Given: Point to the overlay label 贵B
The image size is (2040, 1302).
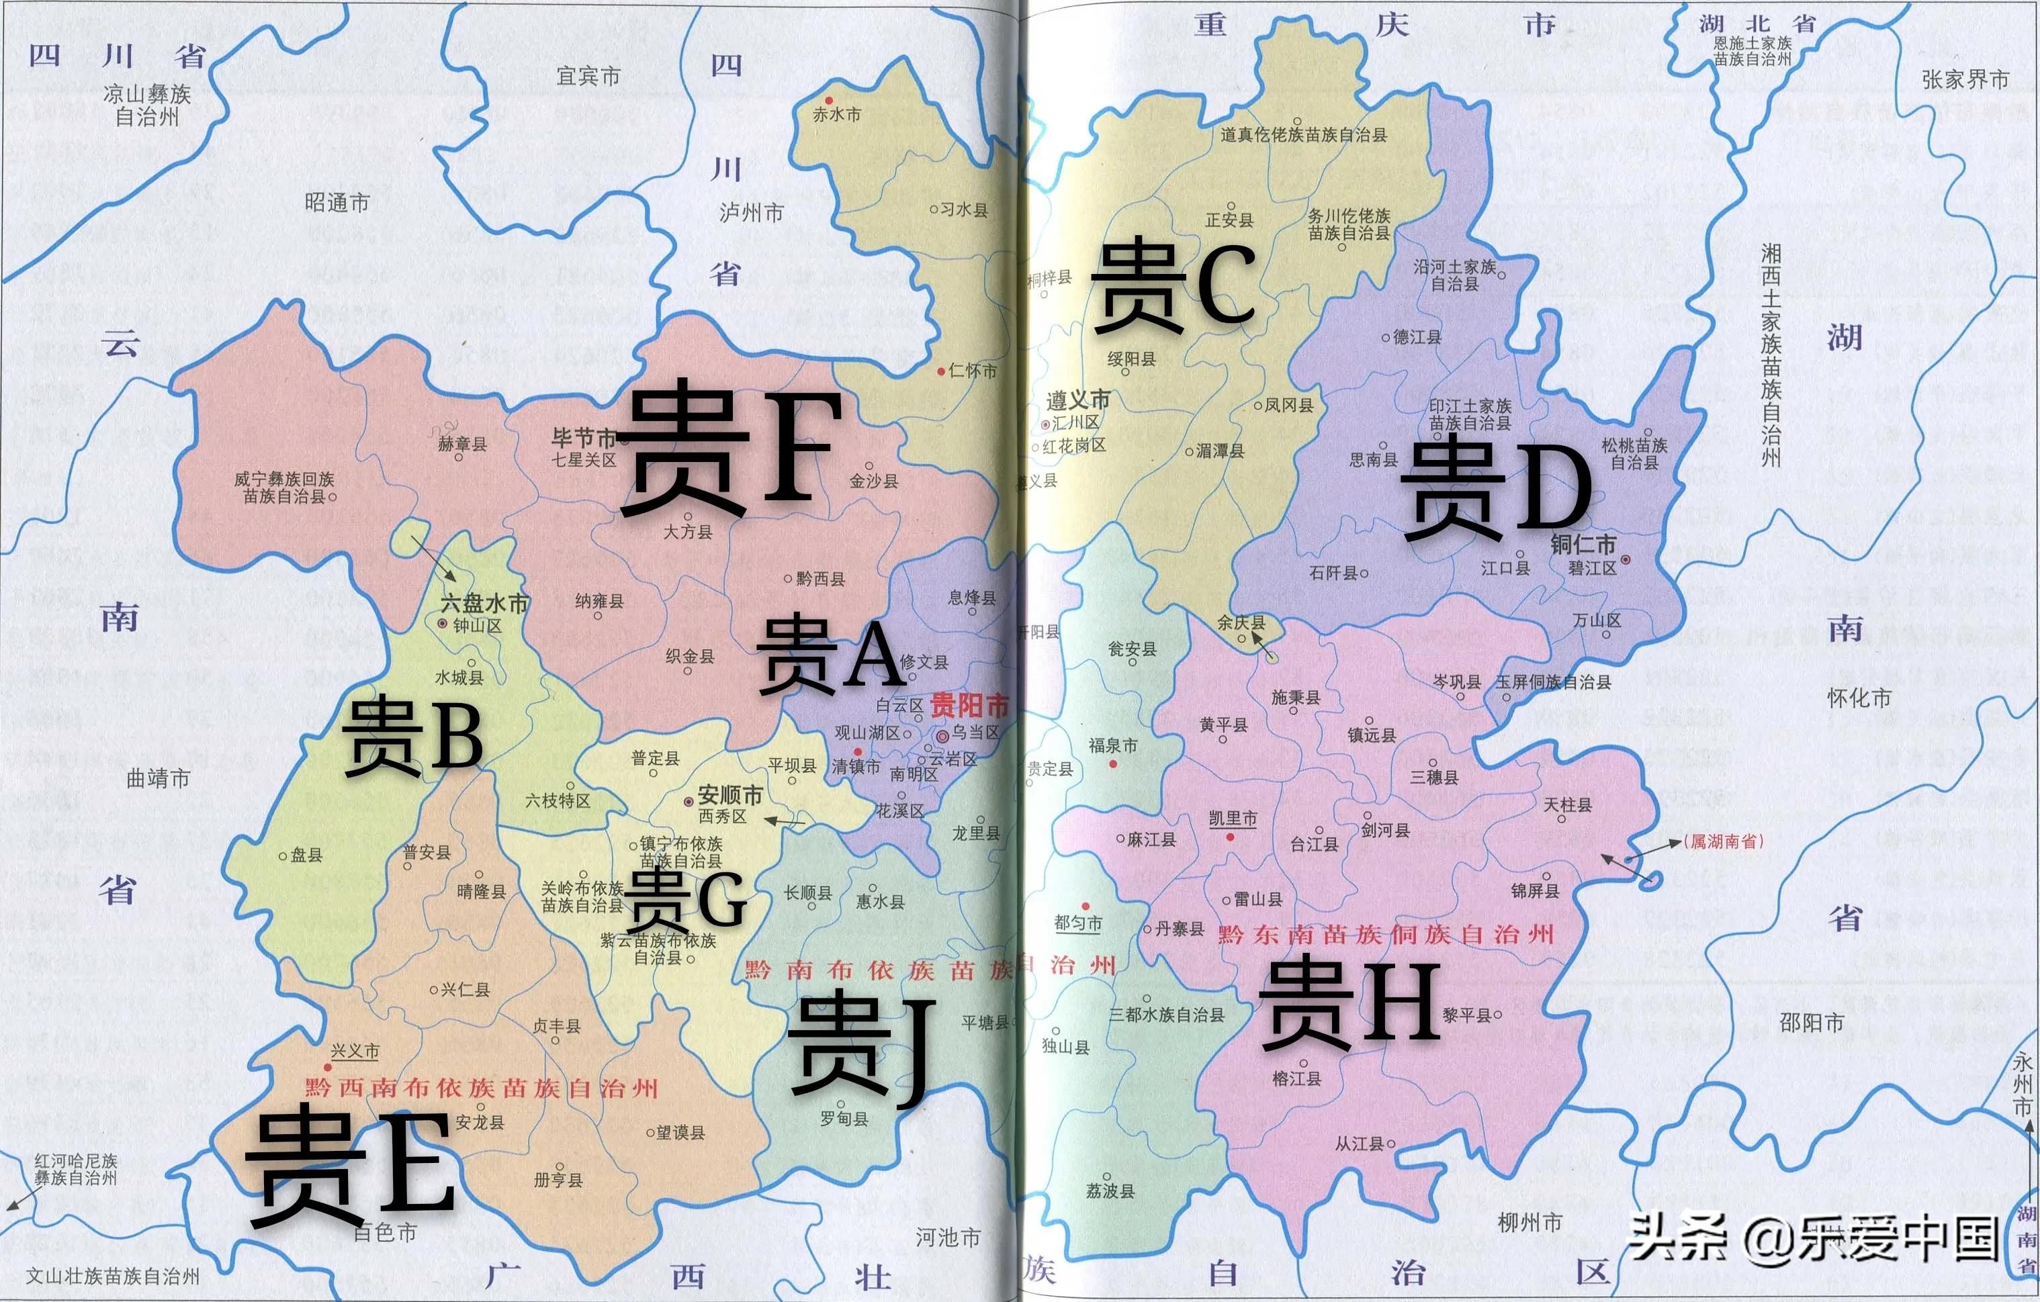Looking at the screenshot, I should (412, 735).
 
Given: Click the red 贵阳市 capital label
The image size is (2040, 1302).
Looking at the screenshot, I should (969, 705).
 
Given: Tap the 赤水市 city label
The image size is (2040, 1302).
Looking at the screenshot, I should (837, 114).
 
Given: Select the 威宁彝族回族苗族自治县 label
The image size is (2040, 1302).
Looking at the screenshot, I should (285, 488).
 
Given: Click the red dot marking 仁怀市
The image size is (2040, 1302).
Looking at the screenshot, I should (941, 371).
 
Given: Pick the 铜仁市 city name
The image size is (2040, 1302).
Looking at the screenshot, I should (1583, 544).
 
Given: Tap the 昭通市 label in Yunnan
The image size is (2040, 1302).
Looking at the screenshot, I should (337, 203).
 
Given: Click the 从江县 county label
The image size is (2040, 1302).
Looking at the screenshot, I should (1359, 1144).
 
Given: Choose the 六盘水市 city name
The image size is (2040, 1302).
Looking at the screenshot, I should (484, 603).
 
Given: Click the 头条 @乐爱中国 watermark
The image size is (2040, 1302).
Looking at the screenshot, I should (1813, 1238).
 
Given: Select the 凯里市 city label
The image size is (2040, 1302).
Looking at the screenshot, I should (1233, 819).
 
